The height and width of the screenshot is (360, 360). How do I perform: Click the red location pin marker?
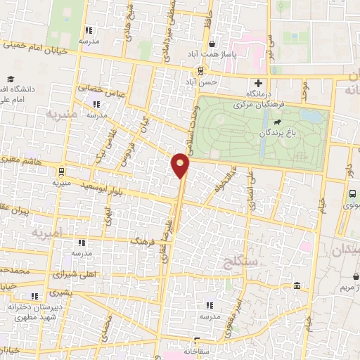pos(181,165)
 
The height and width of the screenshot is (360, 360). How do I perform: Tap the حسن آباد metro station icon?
pos(202,71)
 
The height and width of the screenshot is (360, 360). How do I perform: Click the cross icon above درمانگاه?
pos(259,84)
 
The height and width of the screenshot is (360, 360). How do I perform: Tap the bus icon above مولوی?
pos(352,194)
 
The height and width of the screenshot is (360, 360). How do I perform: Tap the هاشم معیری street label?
pos(22,162)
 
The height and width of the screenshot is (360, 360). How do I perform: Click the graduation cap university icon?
pos(11,79)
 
